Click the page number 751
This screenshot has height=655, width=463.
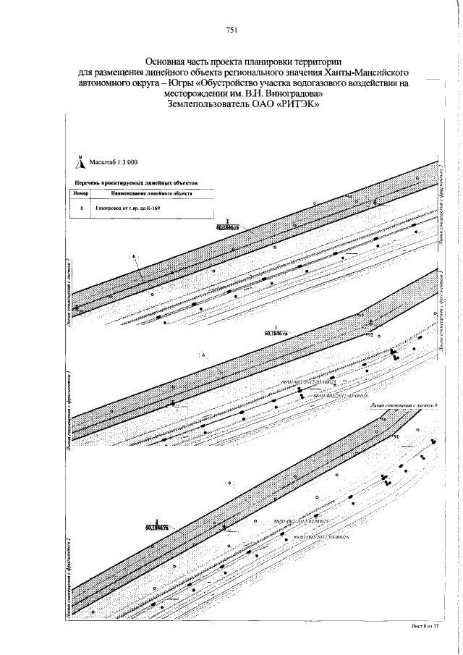(231, 30)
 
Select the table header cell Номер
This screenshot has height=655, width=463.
(80, 195)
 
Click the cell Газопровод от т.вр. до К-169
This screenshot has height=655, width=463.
(127, 208)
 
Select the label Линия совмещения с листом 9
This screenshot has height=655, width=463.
(402, 407)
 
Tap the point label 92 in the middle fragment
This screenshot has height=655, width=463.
(370, 336)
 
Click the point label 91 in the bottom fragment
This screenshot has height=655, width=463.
(396, 437)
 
